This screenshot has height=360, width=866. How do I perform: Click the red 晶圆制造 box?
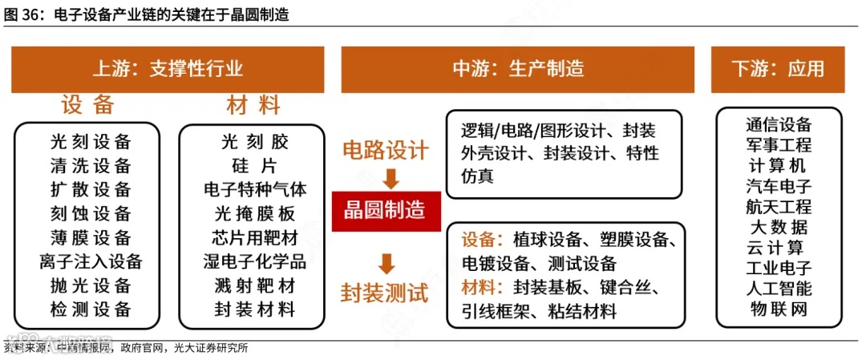pos(386,212)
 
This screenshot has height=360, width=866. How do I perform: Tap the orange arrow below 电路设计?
pos(390,177)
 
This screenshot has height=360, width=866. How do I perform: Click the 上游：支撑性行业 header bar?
pos(168,69)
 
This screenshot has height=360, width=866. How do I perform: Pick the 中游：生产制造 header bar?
pos(518,69)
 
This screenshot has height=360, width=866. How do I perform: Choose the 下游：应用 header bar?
pos(777,69)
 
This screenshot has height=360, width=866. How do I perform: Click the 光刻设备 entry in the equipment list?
pos(90,143)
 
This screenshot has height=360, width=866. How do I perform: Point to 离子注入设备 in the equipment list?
pos(90,261)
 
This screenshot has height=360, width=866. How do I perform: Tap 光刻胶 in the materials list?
pos(254,143)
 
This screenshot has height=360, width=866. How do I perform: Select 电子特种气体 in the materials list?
pos(254,190)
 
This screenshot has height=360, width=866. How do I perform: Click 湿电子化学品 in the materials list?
pos(254,261)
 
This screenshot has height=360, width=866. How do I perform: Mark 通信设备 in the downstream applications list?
pos(778,124)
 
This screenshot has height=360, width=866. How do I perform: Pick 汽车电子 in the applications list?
pos(778,186)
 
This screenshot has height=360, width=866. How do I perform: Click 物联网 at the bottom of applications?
pos(778,309)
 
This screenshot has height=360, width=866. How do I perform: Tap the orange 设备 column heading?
pos(88,105)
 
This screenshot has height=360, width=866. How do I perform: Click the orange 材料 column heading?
pos(253,105)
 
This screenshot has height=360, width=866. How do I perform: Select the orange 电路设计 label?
pos(386,150)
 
